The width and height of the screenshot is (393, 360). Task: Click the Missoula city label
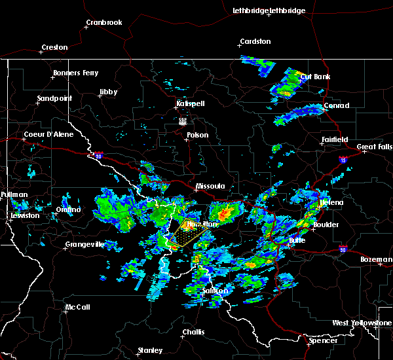tap(211, 187)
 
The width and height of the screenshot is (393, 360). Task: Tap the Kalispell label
tap(191, 104)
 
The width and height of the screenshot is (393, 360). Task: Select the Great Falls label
tap(374, 147)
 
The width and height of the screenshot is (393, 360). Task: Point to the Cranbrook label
tap(104, 23)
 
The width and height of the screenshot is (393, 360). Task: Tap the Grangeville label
tap(85, 245)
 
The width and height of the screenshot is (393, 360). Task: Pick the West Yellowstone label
tap(362, 323)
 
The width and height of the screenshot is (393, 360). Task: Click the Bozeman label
tap(376, 260)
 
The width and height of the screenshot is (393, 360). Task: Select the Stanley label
tap(151, 351)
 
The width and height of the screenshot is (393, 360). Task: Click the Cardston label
tap(255, 42)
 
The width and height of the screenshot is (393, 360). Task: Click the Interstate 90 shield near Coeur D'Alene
tap(98, 156)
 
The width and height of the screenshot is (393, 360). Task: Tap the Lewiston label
tap(25, 215)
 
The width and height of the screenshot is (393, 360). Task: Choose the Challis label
tap(193, 332)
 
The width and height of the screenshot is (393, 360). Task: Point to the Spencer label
tap(324, 340)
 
